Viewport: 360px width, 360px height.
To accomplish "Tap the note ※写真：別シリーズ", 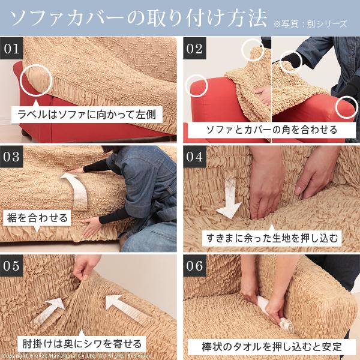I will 310,23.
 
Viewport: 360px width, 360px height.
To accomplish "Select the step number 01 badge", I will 12,49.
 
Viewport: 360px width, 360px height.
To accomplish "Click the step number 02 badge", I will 196,49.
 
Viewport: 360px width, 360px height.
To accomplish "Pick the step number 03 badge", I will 12,158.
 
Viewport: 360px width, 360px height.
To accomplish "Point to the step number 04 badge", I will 196,158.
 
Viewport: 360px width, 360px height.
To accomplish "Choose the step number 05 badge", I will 12,266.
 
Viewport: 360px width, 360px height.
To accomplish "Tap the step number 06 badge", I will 196,266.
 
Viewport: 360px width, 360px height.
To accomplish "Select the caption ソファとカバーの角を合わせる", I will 271,129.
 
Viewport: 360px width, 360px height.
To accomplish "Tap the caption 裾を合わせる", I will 38,217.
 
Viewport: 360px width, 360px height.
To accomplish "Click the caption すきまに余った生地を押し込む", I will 271,237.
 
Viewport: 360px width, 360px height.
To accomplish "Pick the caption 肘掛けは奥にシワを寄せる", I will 82,344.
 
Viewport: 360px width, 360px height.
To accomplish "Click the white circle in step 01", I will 35,80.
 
